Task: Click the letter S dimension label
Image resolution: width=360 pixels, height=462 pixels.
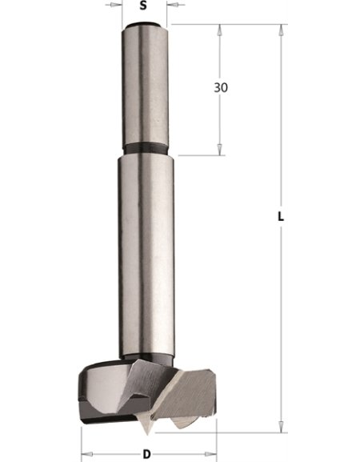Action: pos(143,6)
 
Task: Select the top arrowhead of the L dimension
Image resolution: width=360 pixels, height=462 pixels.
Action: pos(280,29)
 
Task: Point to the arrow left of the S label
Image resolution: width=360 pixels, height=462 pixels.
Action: pos(116,6)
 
